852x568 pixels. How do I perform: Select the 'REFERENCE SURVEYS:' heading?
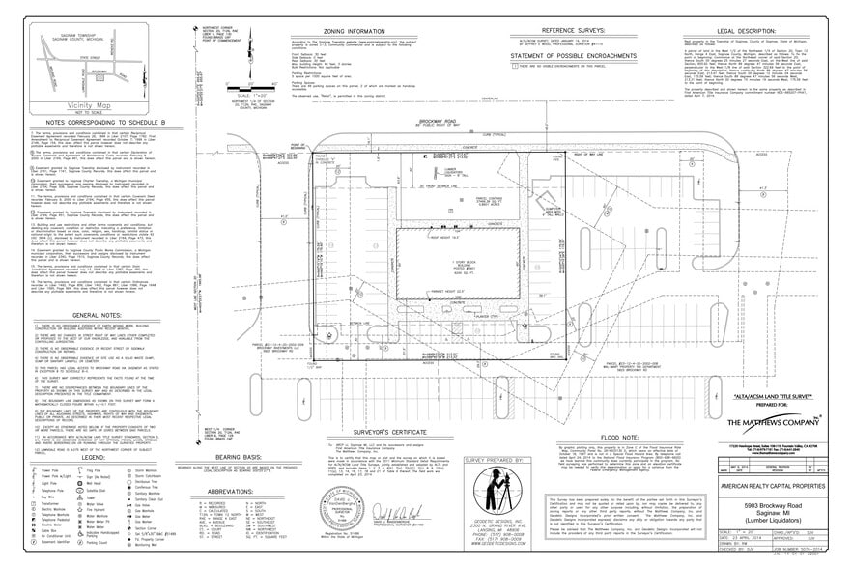point(570,31)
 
